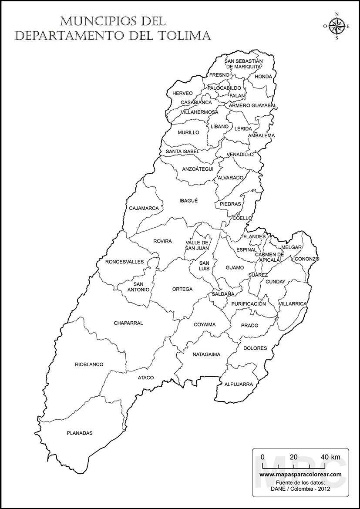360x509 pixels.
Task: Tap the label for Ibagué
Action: tap(188, 201)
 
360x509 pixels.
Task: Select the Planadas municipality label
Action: tap(80, 433)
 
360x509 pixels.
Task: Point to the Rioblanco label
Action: tap(89, 364)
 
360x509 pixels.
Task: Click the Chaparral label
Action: tap(128, 323)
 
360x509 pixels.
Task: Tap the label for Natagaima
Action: tap(206, 354)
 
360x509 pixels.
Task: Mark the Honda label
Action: tap(263, 77)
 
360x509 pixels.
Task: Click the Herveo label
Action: tap(182, 93)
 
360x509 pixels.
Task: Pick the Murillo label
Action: tap(188, 132)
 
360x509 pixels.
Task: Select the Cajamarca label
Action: tap(144, 208)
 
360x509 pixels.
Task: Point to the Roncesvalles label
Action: tap(124, 262)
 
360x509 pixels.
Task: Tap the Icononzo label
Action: tap(306, 259)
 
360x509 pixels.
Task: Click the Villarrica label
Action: tap(293, 303)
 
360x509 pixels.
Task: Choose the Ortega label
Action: tap(182, 289)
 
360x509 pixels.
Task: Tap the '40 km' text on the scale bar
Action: tap(330, 457)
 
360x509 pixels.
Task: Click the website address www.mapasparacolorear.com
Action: tap(300, 474)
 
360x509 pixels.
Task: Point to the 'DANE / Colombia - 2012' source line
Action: tap(300, 489)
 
